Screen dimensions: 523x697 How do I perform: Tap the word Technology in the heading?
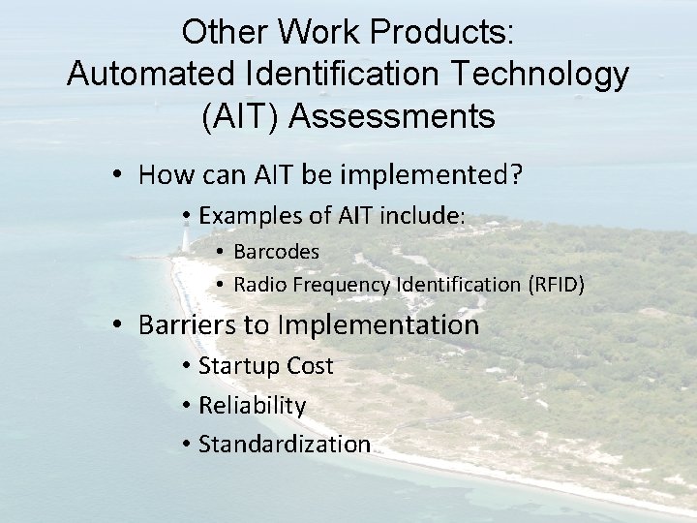click(544, 74)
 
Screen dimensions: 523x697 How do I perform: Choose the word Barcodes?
click(277, 251)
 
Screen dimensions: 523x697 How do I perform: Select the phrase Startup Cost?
click(265, 366)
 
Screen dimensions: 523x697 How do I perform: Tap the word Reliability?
click(252, 405)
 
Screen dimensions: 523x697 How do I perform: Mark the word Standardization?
click(285, 445)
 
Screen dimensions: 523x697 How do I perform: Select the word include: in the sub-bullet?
click(427, 216)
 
